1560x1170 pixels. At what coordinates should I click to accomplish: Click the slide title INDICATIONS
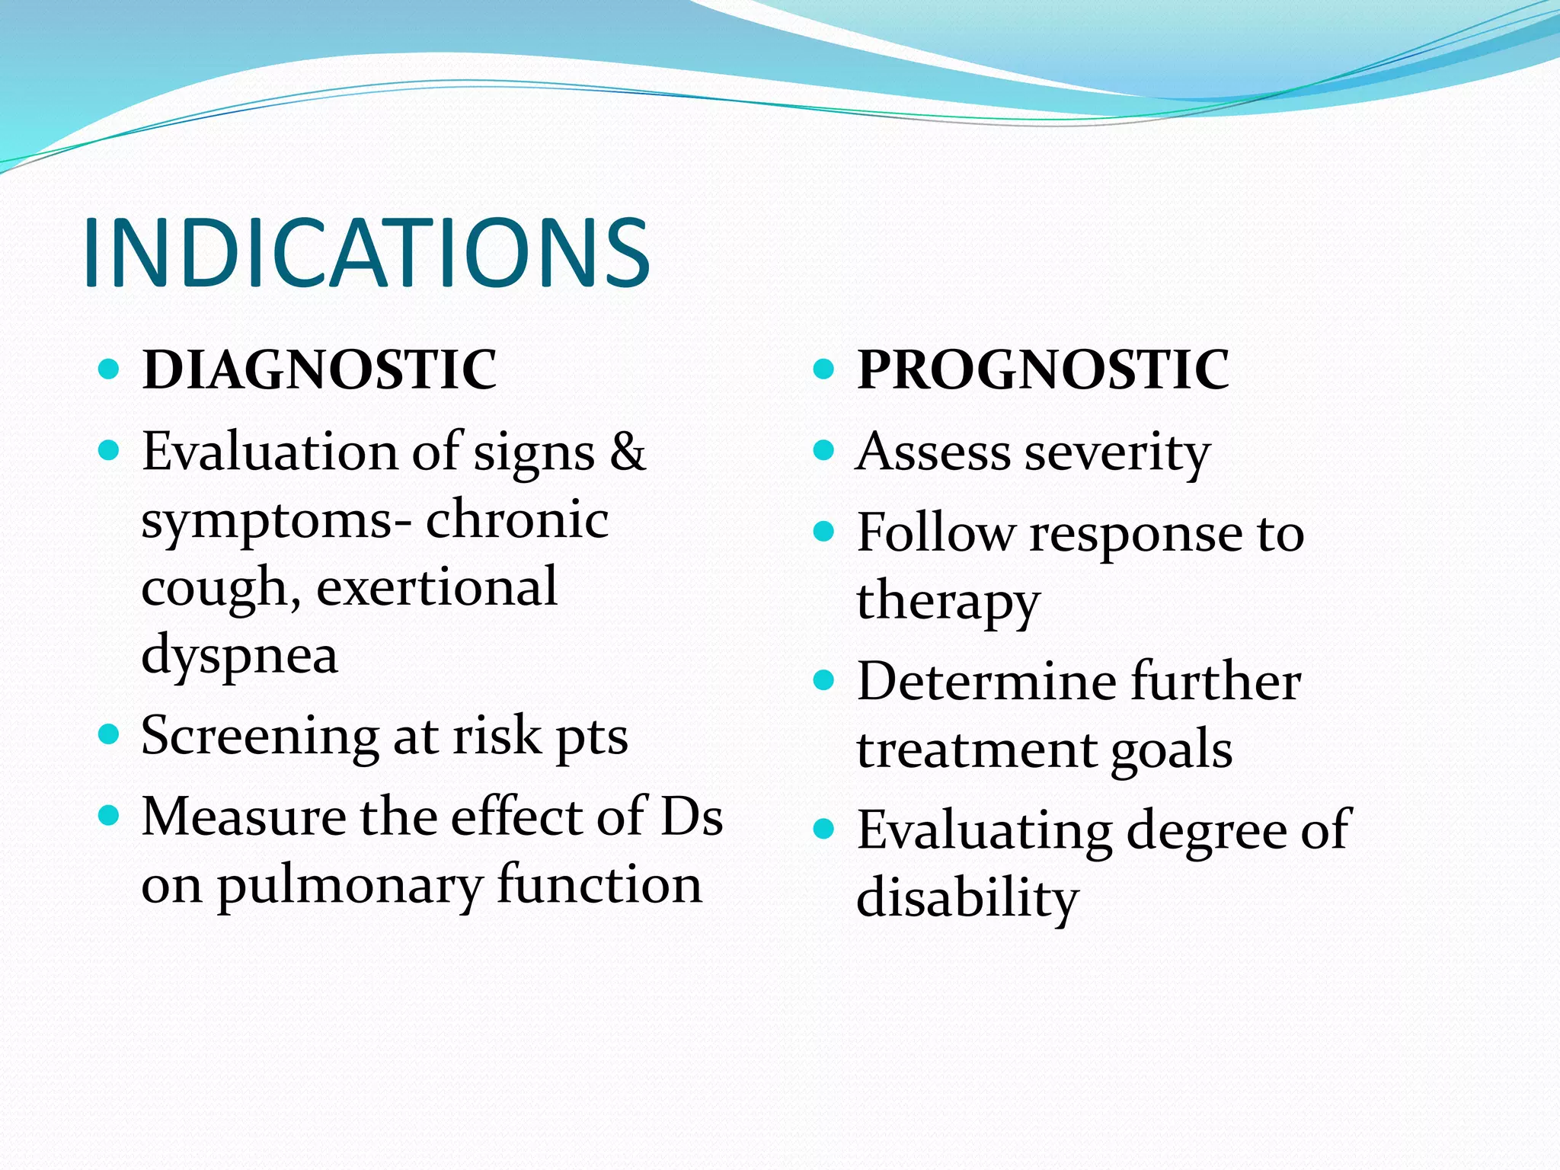[366, 253]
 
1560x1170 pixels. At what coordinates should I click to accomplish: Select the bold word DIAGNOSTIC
[319, 370]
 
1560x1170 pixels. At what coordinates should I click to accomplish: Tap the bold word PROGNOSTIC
[1043, 370]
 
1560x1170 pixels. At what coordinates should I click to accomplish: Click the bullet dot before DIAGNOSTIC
[110, 370]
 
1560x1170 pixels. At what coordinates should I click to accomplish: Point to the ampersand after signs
[628, 451]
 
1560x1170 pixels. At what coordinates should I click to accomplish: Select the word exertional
[436, 587]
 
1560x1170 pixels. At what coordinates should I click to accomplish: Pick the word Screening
[260, 737]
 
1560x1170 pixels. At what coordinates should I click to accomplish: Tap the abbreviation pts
[592, 737]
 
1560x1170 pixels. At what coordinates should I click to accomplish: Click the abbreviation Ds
[692, 817]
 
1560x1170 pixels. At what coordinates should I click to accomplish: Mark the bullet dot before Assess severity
[824, 451]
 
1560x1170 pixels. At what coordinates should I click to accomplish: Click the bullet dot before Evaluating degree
[824, 829]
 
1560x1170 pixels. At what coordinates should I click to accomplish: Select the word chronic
[517, 519]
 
